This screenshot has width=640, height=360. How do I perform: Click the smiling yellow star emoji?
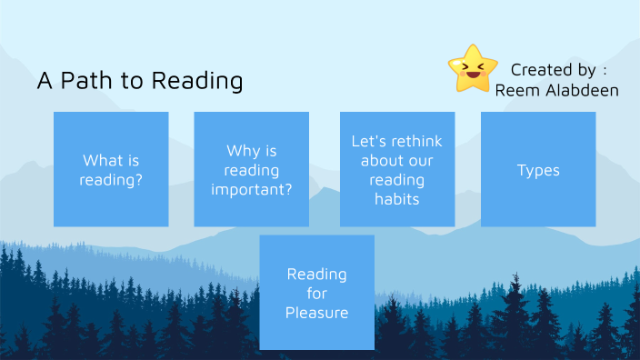(473, 68)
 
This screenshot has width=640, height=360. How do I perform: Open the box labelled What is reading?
(111, 169)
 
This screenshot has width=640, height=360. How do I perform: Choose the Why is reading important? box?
(251, 169)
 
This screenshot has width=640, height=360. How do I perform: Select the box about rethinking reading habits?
(397, 169)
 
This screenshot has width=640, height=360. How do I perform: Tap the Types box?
(538, 169)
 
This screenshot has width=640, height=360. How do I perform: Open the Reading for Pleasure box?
(316, 293)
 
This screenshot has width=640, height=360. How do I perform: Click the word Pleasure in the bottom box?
(316, 313)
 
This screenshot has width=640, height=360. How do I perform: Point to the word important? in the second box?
(252, 190)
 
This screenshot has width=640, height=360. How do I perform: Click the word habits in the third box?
(397, 199)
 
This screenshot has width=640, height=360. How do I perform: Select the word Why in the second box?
(242, 151)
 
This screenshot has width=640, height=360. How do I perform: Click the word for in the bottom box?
(316, 293)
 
